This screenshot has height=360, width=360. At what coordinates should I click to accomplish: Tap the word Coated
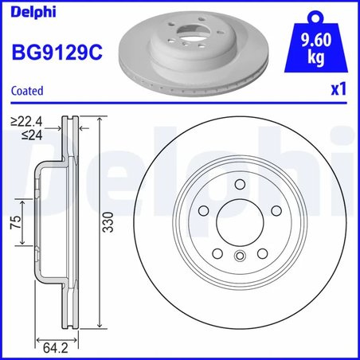pos(26,91)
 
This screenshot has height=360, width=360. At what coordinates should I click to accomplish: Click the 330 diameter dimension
pos(106,226)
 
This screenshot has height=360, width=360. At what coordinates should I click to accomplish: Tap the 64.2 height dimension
pos(52,346)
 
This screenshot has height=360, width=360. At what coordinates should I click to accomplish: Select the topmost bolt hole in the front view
pos(240,184)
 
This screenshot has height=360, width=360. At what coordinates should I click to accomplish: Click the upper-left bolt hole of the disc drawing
pos(203,210)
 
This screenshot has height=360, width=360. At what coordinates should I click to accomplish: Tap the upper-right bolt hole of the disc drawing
pos(276,210)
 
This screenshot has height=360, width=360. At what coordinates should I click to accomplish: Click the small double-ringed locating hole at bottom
pos(240,256)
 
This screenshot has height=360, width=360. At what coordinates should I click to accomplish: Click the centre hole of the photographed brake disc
pos(189,37)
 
